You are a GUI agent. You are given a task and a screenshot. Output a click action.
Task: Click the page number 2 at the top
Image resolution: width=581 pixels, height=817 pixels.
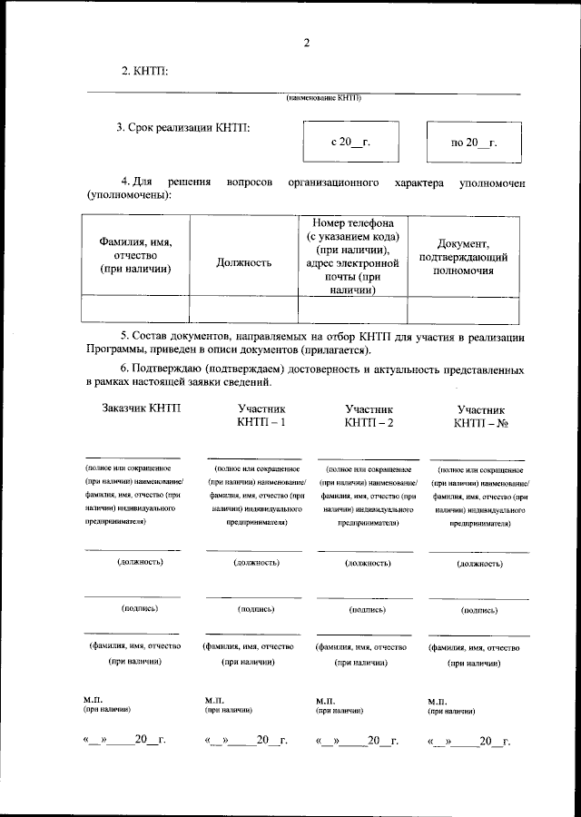(306, 43)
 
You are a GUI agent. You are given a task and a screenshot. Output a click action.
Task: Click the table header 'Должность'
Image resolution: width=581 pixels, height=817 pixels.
(244, 262)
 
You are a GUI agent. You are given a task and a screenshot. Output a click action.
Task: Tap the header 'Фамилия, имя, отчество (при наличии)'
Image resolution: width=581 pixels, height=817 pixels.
(135, 256)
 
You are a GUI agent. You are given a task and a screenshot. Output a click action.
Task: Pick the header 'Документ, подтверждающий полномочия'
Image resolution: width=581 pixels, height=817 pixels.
(463, 257)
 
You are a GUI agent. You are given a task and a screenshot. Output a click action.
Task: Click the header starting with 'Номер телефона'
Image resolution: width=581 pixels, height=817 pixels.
(352, 256)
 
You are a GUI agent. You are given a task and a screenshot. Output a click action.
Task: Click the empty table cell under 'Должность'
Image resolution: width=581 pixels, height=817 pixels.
(244, 310)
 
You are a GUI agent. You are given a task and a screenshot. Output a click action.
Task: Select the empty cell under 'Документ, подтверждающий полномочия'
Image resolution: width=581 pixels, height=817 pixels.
(463, 310)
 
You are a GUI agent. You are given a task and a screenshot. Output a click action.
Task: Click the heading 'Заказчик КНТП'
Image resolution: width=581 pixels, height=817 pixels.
(142, 408)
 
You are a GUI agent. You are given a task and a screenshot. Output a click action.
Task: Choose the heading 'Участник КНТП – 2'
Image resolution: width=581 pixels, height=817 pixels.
(369, 417)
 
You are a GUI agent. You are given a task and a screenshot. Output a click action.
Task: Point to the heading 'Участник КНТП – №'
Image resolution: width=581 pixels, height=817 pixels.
(480, 417)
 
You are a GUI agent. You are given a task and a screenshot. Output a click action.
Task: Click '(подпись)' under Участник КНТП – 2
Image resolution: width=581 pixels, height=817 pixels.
(369, 610)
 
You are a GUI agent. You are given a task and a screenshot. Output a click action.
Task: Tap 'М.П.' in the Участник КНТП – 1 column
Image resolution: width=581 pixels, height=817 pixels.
(215, 701)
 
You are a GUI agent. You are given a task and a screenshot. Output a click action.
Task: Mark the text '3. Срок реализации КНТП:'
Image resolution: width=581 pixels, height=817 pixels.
(182, 128)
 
